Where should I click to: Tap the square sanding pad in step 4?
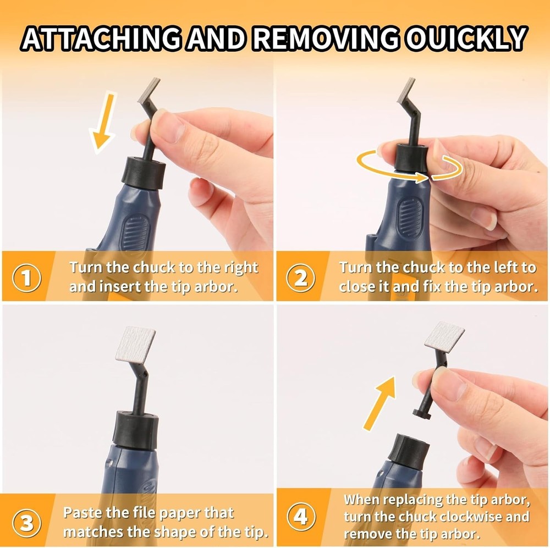[444, 337]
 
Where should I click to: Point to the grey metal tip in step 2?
[406, 91]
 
